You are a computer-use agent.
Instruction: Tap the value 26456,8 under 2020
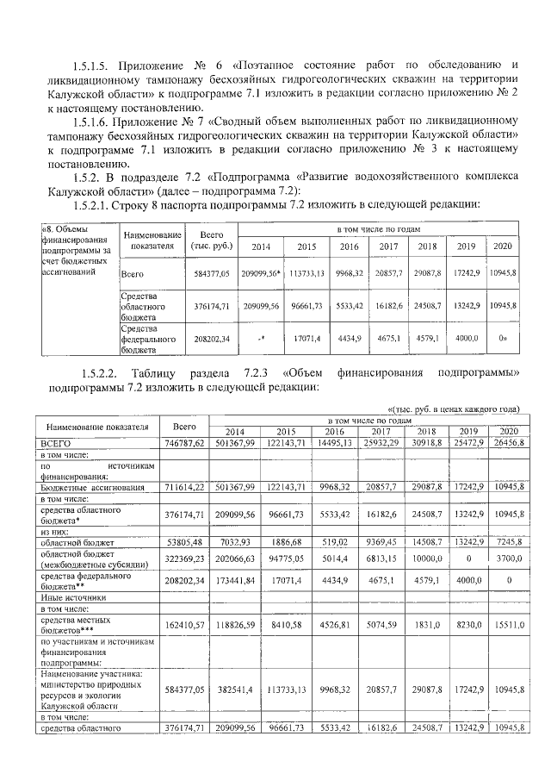tap(501, 442)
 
